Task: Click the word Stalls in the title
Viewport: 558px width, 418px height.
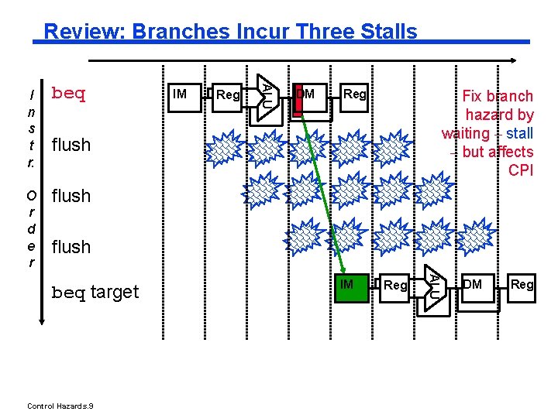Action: click(x=388, y=32)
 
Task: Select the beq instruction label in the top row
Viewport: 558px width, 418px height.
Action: click(x=68, y=94)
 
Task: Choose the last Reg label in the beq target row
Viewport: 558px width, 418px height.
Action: click(x=522, y=285)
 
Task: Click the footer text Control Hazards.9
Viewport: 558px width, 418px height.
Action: click(x=60, y=406)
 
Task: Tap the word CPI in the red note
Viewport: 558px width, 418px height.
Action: click(x=521, y=170)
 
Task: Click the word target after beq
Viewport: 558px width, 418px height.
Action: click(x=115, y=292)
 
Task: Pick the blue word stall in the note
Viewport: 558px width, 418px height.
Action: click(x=519, y=133)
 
